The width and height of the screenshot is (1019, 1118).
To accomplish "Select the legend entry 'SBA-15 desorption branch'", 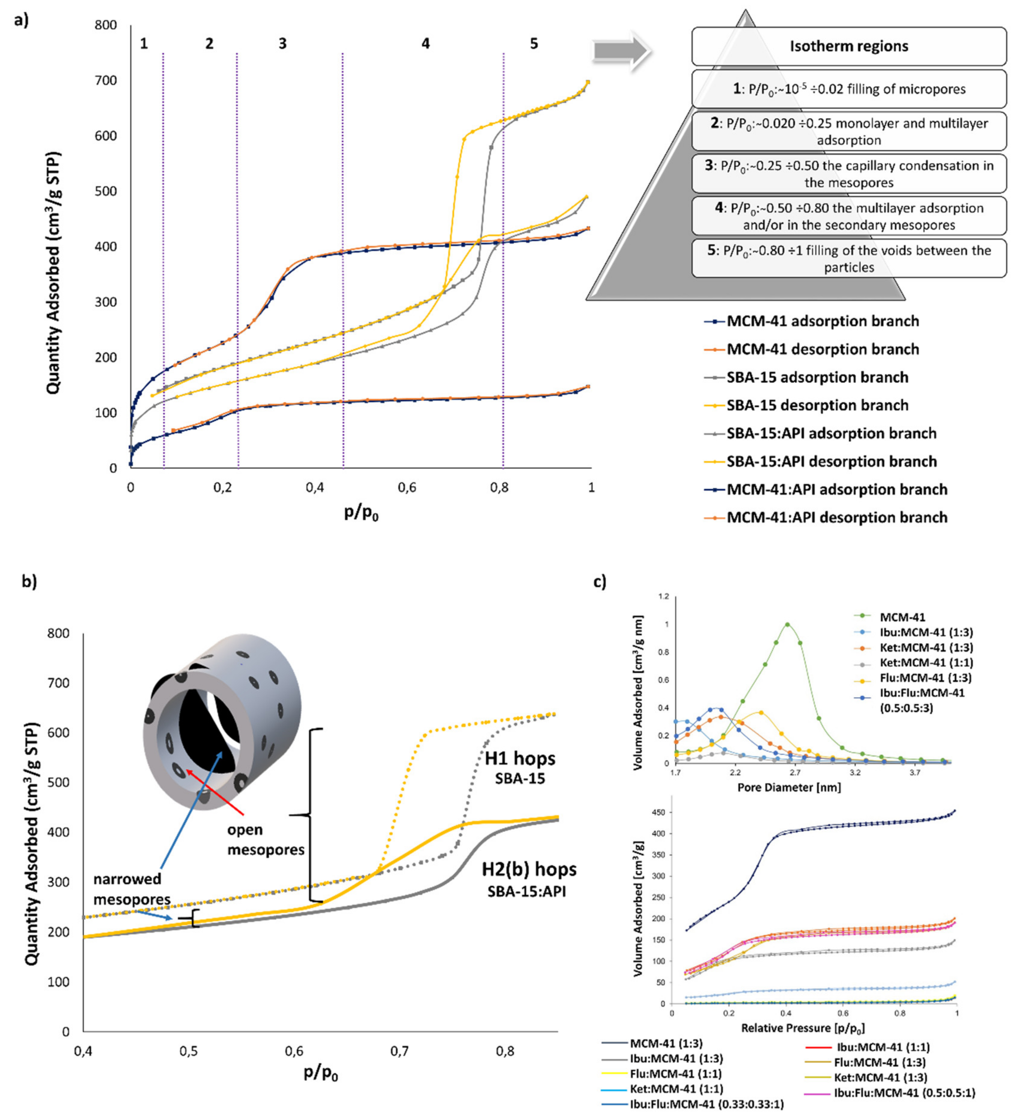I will [817, 406].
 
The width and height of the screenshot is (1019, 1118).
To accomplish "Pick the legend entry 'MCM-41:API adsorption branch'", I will [837, 490].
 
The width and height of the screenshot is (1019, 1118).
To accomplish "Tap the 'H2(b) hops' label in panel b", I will [529, 869].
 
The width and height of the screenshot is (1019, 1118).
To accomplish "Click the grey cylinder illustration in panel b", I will [222, 721].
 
